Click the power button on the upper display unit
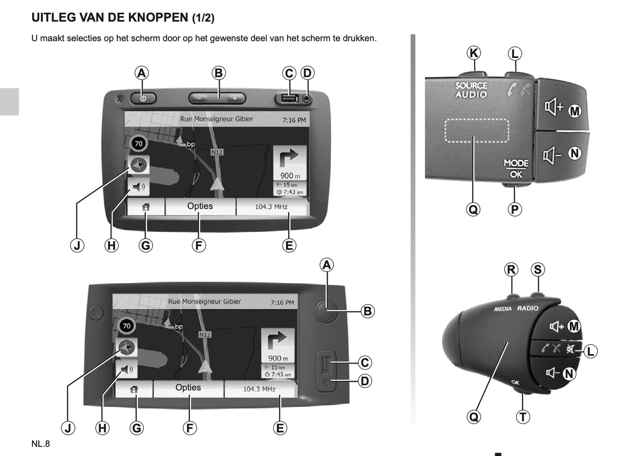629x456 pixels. click(143, 98)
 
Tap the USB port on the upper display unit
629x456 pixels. click(289, 99)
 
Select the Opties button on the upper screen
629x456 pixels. click(200, 206)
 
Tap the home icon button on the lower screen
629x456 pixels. click(134, 389)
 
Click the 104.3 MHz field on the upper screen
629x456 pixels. click(271, 206)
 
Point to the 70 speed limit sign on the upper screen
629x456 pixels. click(138, 143)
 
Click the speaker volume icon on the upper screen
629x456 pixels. click(139, 187)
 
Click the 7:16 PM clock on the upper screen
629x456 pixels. click(294, 120)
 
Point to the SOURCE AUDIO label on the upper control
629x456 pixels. click(471, 90)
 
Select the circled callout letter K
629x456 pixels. click(474, 53)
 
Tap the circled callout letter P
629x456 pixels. click(515, 209)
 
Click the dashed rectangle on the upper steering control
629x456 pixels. click(477, 130)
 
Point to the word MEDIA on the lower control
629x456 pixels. click(503, 309)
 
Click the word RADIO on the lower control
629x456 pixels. click(528, 308)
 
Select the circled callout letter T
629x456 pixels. click(523, 417)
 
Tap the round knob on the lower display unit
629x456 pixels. click(326, 311)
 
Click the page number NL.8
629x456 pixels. click(40, 444)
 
